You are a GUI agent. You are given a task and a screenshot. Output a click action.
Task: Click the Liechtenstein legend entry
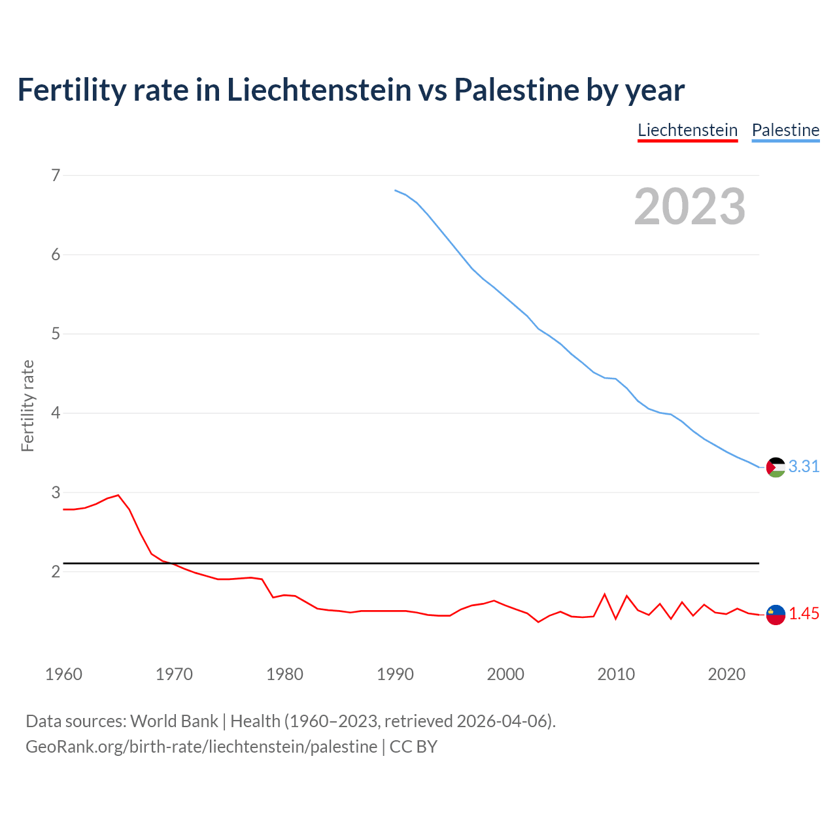coord(687,130)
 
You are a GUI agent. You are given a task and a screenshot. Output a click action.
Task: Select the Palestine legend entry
coord(785,130)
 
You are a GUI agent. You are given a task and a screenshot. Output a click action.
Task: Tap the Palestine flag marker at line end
coord(776,467)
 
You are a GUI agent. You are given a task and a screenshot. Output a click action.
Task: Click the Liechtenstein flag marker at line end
coord(776,615)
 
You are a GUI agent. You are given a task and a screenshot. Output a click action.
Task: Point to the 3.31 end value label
coord(804,466)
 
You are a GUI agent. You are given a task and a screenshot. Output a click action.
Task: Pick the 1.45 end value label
coord(804,614)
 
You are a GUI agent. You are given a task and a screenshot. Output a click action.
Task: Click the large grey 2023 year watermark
coord(690,207)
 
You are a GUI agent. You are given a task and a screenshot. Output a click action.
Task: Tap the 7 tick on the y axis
coord(56,175)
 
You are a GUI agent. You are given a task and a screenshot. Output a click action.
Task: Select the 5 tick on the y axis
coord(56,334)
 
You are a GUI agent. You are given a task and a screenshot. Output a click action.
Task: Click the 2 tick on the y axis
coord(56,572)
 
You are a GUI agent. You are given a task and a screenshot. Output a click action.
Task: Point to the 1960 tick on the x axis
coord(63,674)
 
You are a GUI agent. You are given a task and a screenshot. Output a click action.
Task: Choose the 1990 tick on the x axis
coord(395,674)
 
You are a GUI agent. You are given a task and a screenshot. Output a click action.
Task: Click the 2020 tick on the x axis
coord(726,674)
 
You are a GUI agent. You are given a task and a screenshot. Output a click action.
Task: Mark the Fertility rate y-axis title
coord(27,405)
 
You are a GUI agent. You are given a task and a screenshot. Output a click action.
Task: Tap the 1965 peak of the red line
coord(118,495)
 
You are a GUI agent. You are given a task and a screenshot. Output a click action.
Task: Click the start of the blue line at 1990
coord(396,190)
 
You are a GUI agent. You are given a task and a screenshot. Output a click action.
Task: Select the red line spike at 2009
coord(605,594)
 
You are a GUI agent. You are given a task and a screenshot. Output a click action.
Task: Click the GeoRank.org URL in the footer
coord(201,747)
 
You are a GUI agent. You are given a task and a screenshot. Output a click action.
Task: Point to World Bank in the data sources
coord(174,721)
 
